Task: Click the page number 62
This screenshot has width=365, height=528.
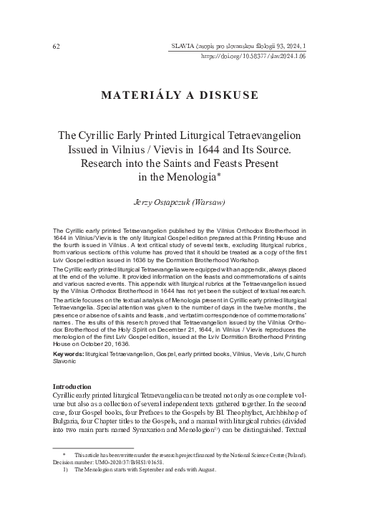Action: click(57, 47)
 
